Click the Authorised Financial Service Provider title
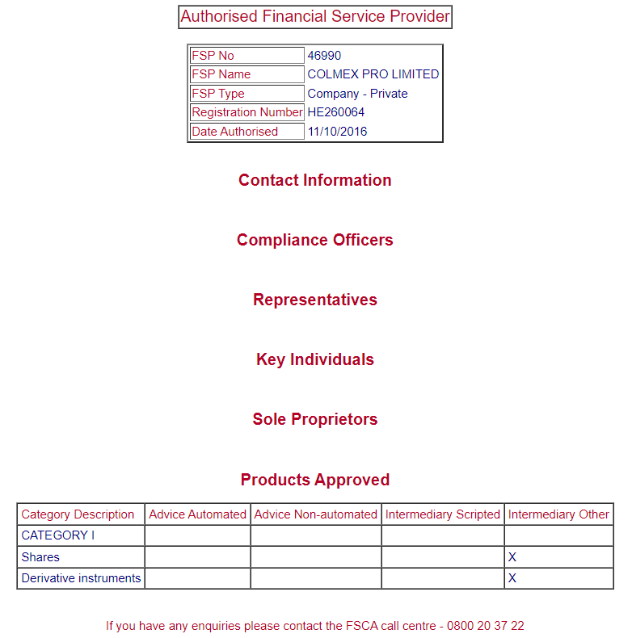315,17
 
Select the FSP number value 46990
324,56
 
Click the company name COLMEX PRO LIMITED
373,74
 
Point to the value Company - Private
357,94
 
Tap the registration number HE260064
335,112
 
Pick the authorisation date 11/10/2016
337,132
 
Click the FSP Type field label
218,94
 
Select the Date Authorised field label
234,132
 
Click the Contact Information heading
315,180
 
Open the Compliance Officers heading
315,240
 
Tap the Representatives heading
315,300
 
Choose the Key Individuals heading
315,359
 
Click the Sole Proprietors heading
315,419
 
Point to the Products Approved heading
315,480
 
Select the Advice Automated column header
197,514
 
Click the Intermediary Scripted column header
443,514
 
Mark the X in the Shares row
512,557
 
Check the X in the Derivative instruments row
512,578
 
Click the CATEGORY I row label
58,535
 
